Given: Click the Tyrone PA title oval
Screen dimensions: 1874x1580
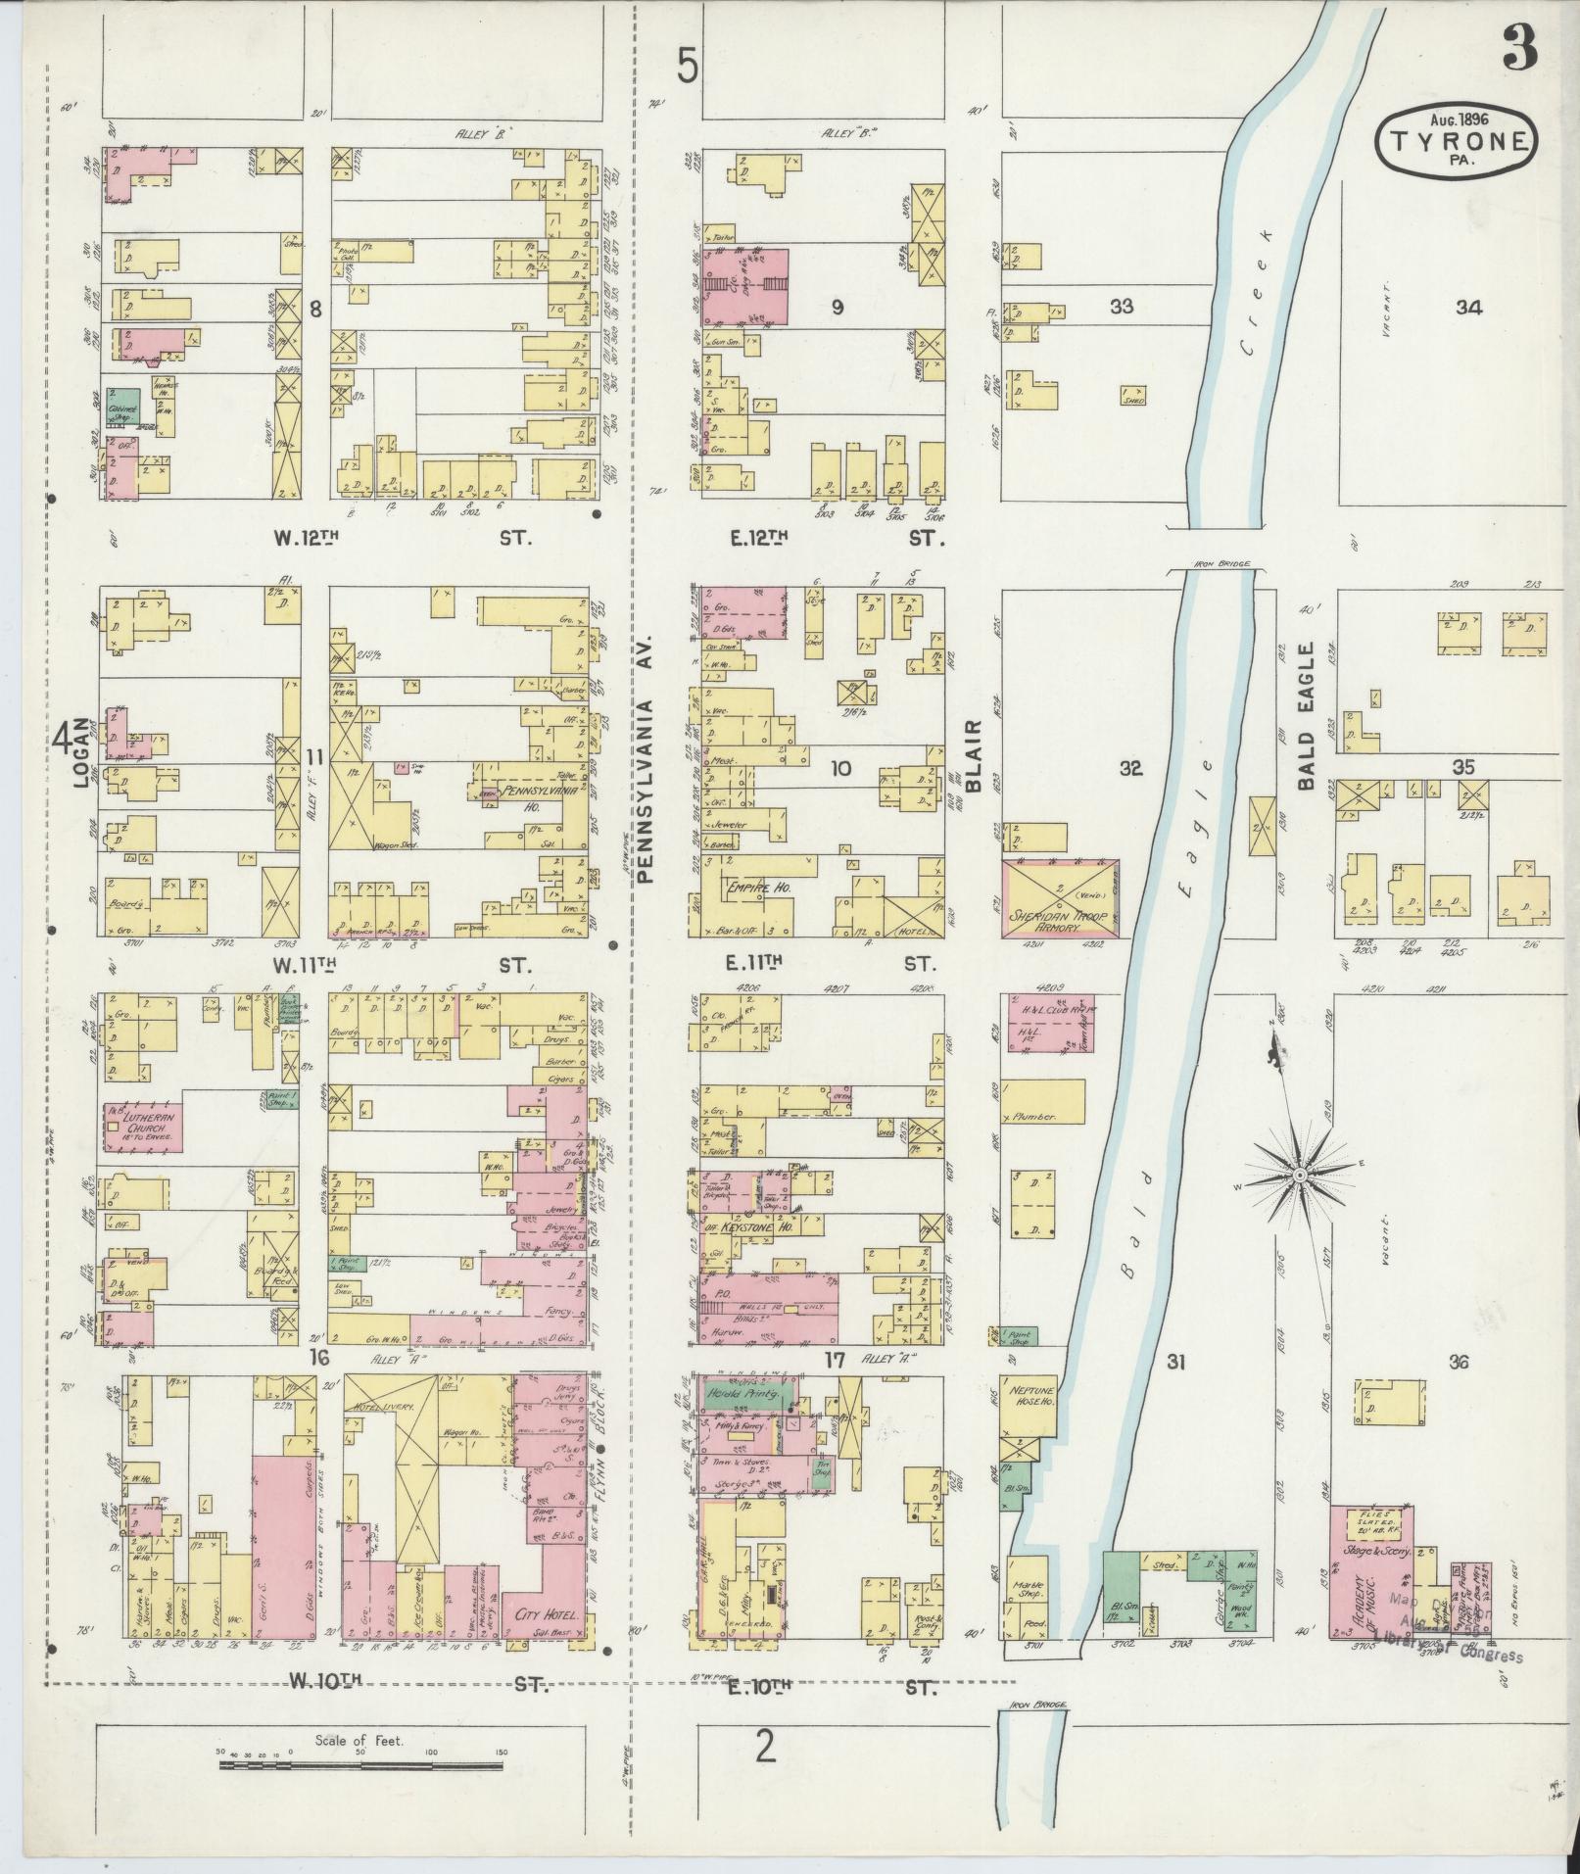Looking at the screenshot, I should click(1456, 139).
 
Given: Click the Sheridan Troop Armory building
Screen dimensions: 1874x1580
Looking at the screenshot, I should click(1060, 897).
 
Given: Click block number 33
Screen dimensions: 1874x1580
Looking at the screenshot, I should click(1121, 307).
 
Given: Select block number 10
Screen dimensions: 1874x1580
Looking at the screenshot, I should click(839, 769).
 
